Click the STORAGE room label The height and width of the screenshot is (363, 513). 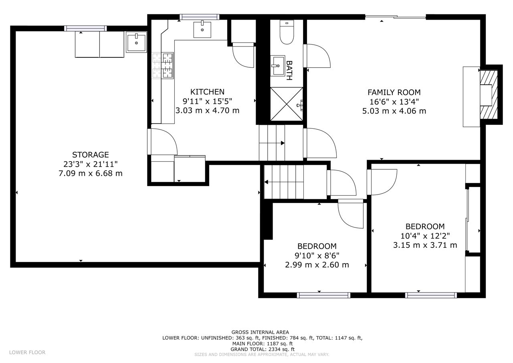click(91, 155)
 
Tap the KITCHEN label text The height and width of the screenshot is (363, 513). click(208, 92)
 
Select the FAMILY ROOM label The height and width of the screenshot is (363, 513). click(394, 92)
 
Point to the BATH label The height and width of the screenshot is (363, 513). click(289, 70)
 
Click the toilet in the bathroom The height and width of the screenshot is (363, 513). click(287, 32)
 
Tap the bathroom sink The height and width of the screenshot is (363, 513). click(278, 65)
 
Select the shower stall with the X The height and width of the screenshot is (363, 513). click(287, 104)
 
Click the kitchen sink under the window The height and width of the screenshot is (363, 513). click(202, 29)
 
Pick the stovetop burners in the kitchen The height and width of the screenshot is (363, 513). click(163, 65)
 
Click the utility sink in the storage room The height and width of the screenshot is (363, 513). click(136, 42)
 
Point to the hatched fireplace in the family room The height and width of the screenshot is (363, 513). click(489, 94)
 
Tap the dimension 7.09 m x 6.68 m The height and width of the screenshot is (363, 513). click(91, 174)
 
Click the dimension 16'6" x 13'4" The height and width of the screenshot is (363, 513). click(394, 102)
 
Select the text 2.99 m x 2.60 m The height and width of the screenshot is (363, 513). click(317, 265)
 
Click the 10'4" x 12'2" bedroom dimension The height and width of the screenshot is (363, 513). click(425, 236)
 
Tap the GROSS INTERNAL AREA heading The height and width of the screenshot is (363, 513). click(260, 332)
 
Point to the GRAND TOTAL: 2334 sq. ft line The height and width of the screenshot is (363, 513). click(263, 349)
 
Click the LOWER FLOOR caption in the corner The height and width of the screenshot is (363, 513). click(27, 353)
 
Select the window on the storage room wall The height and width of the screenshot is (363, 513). click(85, 28)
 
